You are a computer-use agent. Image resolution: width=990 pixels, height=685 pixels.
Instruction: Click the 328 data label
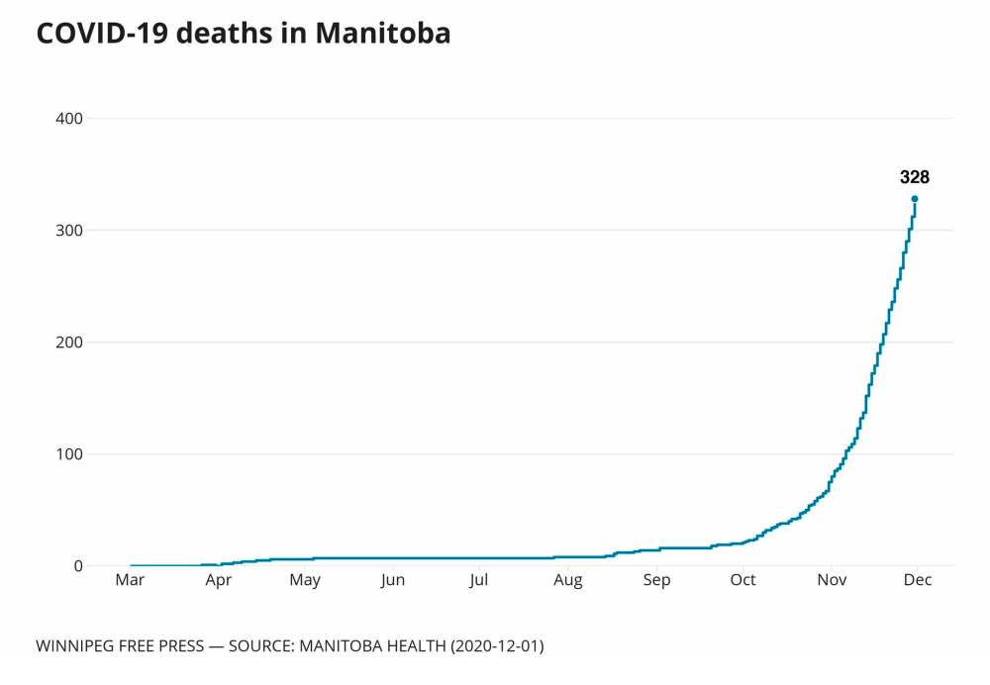pos(914,178)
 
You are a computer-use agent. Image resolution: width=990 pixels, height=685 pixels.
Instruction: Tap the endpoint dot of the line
pos(915,199)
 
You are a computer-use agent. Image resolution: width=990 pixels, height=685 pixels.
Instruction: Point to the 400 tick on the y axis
pos(69,119)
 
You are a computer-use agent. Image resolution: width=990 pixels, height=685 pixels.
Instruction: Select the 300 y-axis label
pos(69,231)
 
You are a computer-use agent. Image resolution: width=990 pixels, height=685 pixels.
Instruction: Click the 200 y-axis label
pos(69,342)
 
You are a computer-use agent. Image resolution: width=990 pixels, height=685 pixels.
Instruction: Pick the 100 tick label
pos(69,454)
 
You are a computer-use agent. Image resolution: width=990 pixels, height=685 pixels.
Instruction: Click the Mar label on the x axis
pos(130,580)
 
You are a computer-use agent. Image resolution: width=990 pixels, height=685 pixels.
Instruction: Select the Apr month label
pos(219,580)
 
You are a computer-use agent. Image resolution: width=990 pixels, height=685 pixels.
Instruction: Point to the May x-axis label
pos(305,580)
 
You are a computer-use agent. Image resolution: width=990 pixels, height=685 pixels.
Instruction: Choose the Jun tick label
pos(393,580)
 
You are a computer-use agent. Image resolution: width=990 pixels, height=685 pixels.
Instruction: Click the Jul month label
pos(479,580)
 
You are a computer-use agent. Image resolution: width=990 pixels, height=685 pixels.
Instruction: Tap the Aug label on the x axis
pos(568,580)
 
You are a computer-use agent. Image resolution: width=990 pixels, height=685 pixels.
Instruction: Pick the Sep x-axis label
pos(655,580)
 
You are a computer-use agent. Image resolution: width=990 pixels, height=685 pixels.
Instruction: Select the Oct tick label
pos(742,580)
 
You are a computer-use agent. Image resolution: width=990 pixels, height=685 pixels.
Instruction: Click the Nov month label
pos(832,580)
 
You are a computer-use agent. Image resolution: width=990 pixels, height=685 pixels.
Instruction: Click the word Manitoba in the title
pos(383,33)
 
